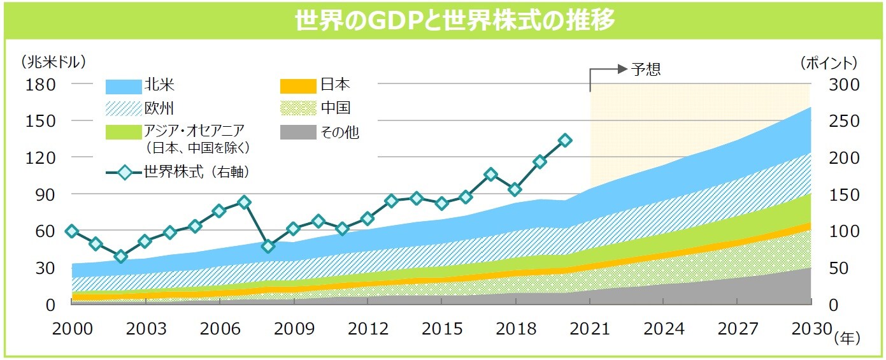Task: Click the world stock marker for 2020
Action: [564, 140]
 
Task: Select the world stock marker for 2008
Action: [268, 246]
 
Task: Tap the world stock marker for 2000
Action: [71, 231]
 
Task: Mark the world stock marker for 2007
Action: [244, 203]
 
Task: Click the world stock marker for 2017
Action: [490, 175]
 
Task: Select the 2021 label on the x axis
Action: [590, 329]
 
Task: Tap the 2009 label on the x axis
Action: [293, 329]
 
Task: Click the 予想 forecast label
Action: [646, 69]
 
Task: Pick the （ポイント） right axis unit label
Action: [829, 62]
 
